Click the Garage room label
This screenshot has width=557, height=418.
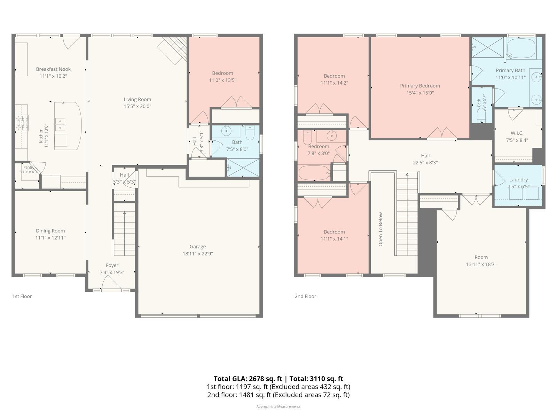[197, 246]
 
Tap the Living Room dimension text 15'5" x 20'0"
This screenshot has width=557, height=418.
[137, 106]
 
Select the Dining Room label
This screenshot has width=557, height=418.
[50, 231]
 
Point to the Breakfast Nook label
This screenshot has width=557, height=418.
[53, 69]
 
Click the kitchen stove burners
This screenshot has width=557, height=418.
[22, 123]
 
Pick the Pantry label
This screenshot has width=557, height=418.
[29, 167]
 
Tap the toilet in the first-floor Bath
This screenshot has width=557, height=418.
[250, 132]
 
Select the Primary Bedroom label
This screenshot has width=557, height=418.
[420, 86]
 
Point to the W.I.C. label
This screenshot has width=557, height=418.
[517, 133]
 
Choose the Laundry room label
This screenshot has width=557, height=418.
[518, 180]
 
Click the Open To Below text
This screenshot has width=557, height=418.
[381, 229]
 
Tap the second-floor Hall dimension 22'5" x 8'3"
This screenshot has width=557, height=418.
[425, 163]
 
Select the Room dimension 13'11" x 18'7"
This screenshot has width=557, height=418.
[481, 264]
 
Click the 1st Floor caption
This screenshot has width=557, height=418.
[22, 296]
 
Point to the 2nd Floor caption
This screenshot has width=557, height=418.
[305, 296]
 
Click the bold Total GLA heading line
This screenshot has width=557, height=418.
[278, 379]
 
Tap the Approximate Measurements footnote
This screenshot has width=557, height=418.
[278, 406]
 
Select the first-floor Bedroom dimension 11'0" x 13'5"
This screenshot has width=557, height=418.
[222, 80]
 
